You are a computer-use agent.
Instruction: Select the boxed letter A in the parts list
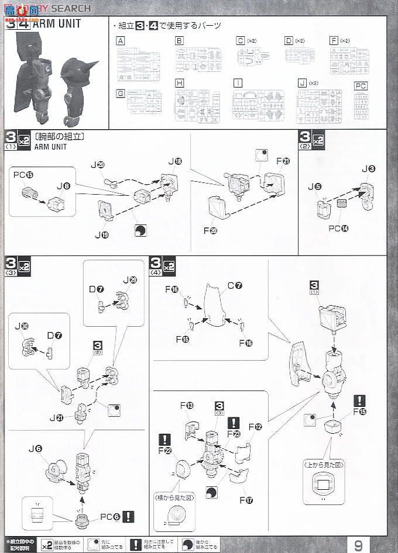(x=121, y=41)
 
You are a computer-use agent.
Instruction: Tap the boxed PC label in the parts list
(x=362, y=85)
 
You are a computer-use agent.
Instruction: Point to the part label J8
(x=63, y=186)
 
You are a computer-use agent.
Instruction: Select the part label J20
(x=97, y=165)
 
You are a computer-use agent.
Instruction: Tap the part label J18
(x=174, y=161)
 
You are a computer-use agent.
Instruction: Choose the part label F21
(x=283, y=161)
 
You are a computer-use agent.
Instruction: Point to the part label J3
(x=368, y=170)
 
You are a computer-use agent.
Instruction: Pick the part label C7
(x=235, y=286)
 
